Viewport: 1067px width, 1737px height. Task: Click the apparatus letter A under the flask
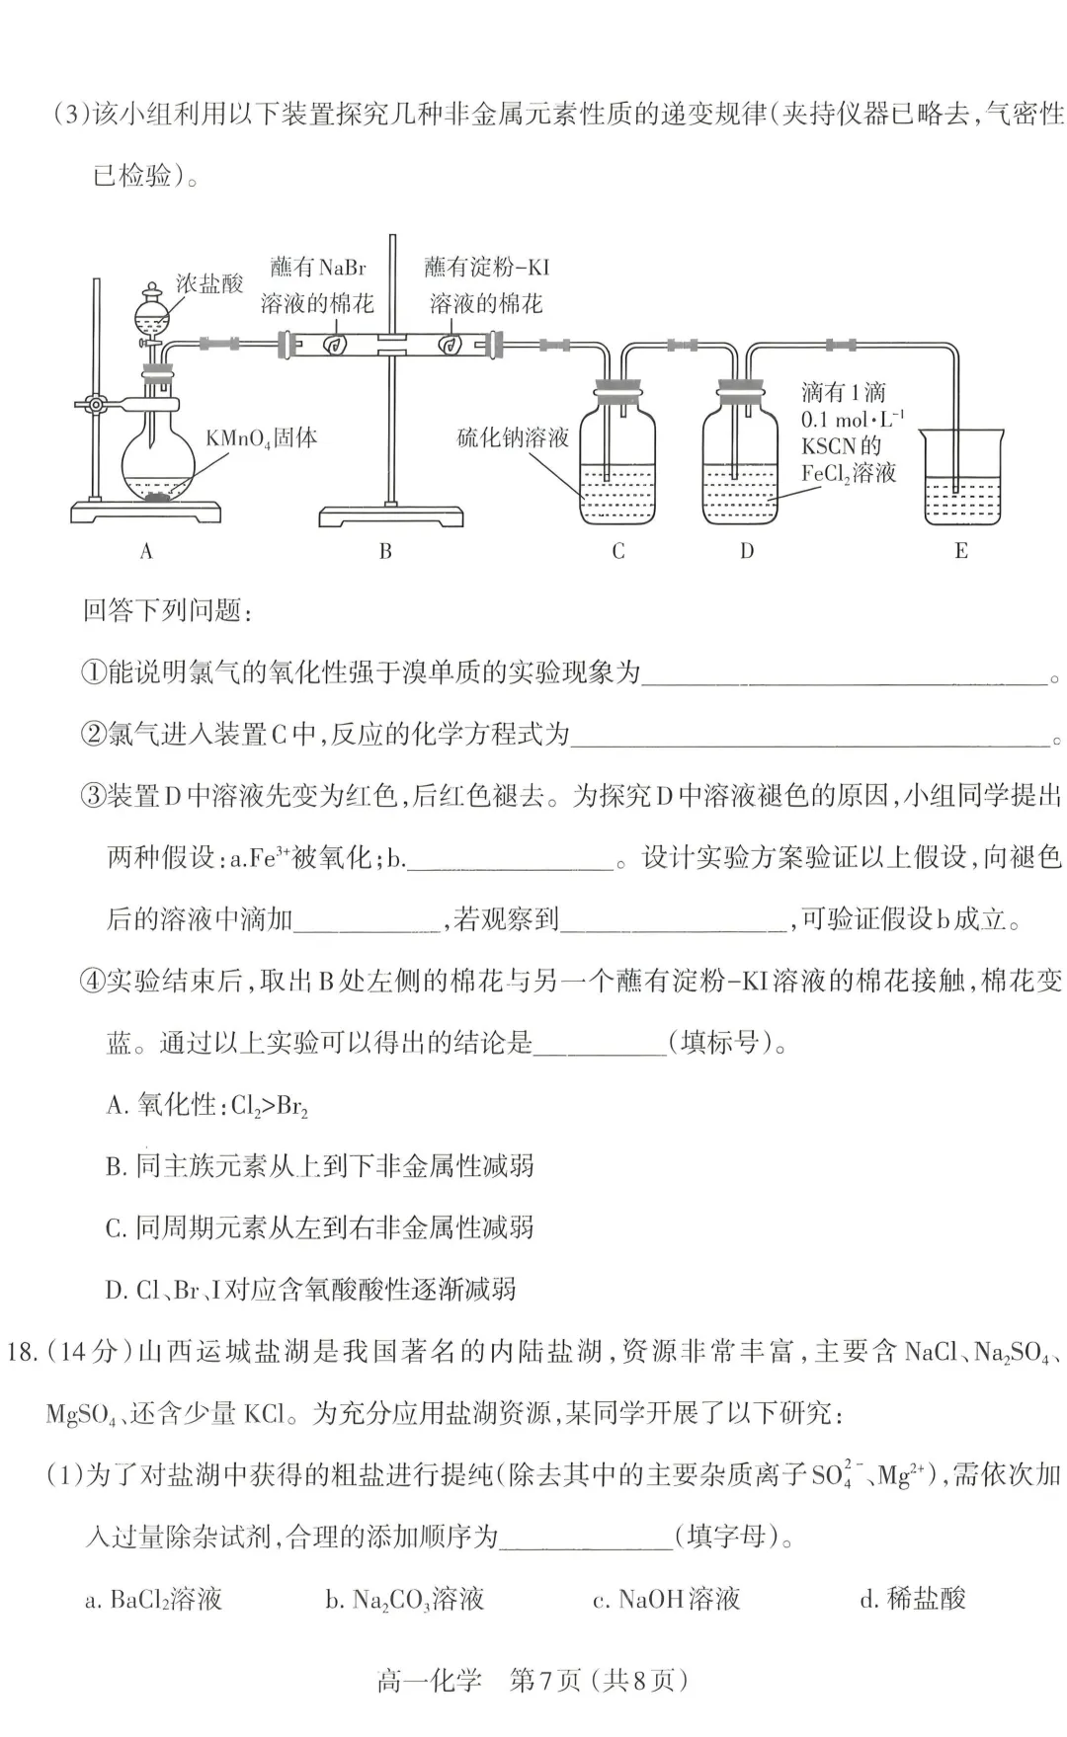[146, 551]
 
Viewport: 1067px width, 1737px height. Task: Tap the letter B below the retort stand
[385, 551]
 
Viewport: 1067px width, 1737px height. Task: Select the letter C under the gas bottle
[618, 551]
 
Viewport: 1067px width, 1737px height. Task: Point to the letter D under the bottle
[747, 551]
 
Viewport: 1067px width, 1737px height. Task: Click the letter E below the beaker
[961, 551]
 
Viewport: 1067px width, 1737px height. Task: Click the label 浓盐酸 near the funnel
[209, 284]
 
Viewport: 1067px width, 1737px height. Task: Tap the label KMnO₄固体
[261, 437]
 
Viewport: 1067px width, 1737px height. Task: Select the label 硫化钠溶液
[513, 437]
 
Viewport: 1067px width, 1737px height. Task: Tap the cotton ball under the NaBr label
[334, 345]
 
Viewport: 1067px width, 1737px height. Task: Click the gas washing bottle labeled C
[616, 464]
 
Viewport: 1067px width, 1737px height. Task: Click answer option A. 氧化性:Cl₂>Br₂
[207, 1105]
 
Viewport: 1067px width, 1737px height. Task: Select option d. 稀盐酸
[912, 1599]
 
